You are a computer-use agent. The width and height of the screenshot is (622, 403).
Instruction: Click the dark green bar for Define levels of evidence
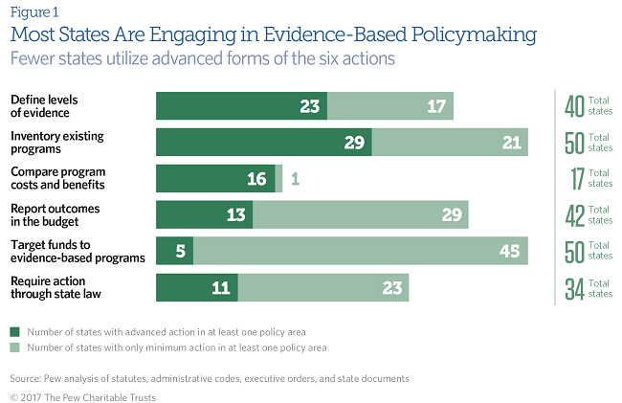pyautogui.click(x=241, y=105)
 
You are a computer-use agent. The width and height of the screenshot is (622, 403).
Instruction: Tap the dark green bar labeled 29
pyautogui.click(x=263, y=142)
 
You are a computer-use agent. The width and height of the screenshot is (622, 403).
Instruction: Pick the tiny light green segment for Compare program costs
pyautogui.click(x=278, y=178)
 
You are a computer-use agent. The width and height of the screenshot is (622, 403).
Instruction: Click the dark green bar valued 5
pyautogui.click(x=174, y=251)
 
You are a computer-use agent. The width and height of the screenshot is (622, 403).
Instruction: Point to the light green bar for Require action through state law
pyautogui.click(x=322, y=287)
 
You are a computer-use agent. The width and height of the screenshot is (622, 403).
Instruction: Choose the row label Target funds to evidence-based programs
pyautogui.click(x=77, y=251)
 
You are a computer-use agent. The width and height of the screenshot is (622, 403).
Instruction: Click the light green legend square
pyautogui.click(x=14, y=347)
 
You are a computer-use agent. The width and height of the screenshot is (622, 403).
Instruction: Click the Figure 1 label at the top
pyautogui.click(x=33, y=13)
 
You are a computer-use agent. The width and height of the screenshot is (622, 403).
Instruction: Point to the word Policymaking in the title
pyautogui.click(x=457, y=36)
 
